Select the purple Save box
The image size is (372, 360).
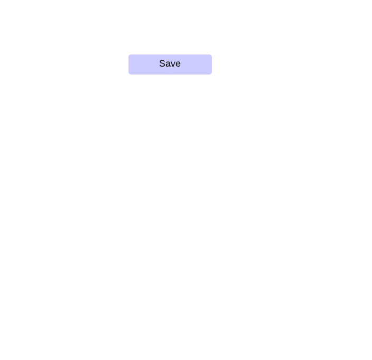[x=170, y=64]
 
